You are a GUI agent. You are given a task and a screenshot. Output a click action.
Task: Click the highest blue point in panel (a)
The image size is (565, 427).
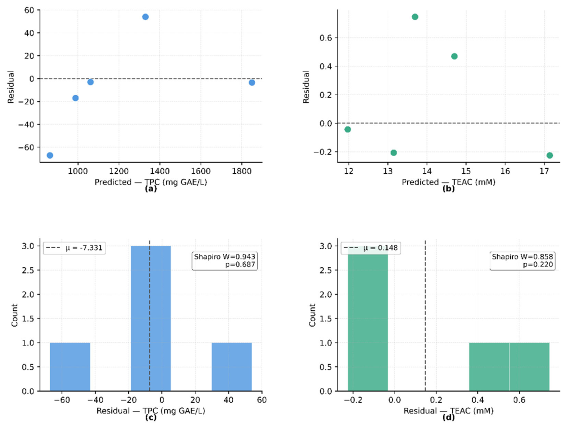tap(145, 17)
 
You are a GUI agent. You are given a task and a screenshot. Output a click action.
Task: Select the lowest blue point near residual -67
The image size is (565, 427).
tap(50, 156)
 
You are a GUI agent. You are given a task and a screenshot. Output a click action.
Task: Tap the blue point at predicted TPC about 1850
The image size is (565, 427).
tap(252, 83)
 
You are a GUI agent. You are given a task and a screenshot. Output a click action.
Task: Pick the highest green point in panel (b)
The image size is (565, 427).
tap(415, 17)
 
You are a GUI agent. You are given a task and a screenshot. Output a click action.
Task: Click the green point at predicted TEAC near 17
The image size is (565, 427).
tap(549, 156)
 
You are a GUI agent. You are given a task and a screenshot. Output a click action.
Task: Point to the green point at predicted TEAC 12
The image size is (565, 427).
tap(347, 130)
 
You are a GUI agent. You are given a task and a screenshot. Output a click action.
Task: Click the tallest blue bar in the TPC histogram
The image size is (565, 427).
tap(151, 319)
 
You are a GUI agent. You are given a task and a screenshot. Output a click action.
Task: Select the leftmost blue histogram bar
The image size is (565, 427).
tap(70, 367)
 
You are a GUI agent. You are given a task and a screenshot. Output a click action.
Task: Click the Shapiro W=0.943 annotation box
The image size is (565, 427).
tap(225, 261)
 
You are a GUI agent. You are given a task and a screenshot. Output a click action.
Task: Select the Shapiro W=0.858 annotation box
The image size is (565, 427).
tap(522, 261)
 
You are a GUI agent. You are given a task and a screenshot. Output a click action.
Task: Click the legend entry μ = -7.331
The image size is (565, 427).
tap(75, 248)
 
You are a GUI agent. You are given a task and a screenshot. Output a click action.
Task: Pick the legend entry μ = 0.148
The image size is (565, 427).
tap(371, 248)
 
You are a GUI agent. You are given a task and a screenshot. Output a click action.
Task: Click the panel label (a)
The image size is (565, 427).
tap(151, 188)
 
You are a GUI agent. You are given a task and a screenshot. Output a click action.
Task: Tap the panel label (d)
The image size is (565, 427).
tap(449, 418)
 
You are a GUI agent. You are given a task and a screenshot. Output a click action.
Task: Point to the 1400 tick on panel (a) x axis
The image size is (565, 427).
tap(160, 171)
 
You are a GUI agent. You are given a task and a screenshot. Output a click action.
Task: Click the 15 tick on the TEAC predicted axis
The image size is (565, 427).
tap(466, 171)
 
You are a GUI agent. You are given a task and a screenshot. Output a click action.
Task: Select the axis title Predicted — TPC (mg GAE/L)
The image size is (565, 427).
tap(151, 182)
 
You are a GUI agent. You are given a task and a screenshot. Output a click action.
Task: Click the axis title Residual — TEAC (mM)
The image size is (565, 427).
tap(449, 411)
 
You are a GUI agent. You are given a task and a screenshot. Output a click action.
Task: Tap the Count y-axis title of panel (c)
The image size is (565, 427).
tap(14, 315)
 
